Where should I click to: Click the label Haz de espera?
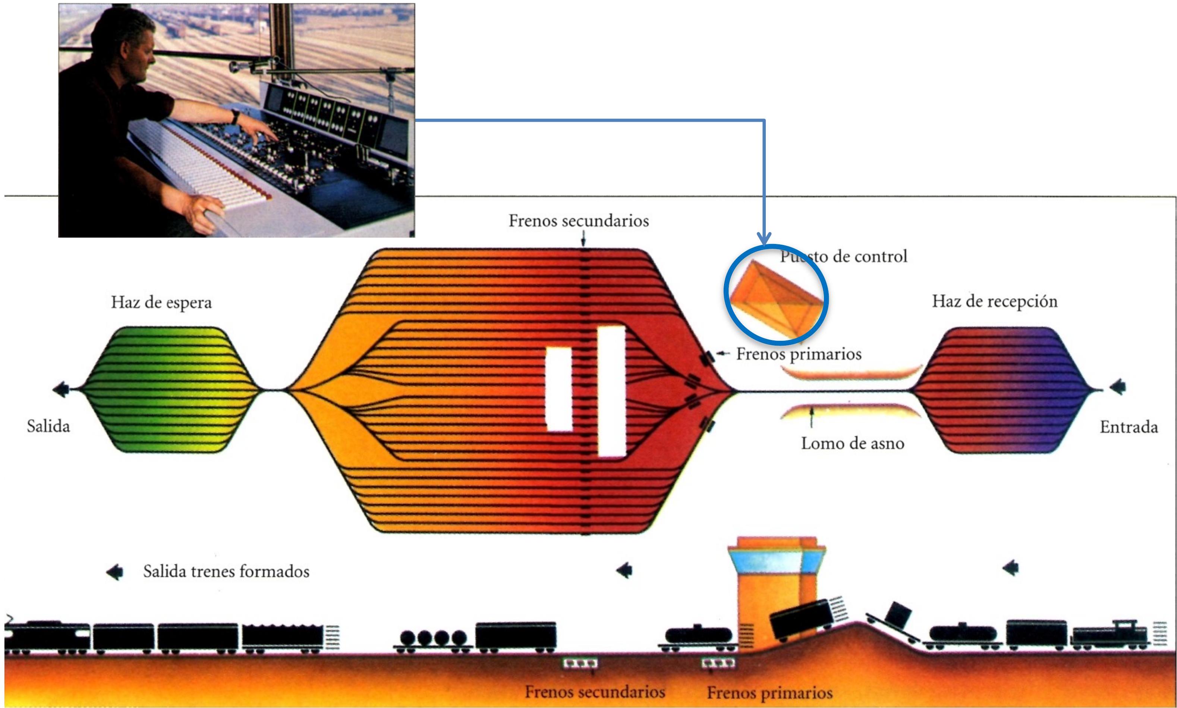161,302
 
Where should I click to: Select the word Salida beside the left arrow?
48,426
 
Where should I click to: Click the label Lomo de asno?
852,444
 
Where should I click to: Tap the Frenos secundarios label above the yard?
579,221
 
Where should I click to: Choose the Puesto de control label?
844,257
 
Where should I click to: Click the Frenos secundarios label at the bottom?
595,692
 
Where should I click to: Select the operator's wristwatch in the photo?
235,117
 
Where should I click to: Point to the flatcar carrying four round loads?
433,640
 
